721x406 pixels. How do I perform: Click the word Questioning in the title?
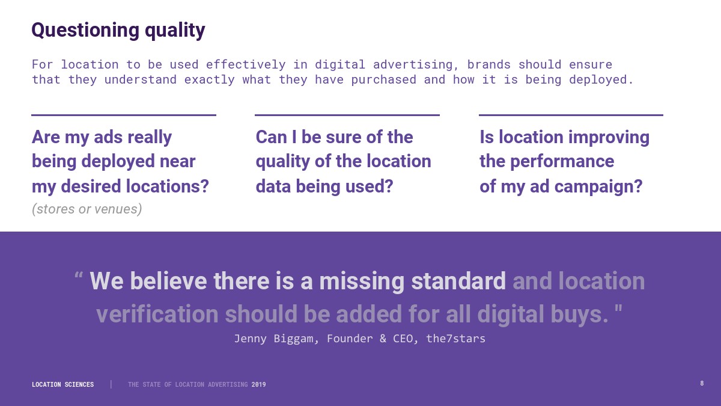85,31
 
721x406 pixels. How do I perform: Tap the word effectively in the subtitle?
246,65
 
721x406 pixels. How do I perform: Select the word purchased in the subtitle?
384,80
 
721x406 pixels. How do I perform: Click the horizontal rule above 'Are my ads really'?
124,115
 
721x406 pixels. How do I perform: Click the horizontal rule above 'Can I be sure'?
347,115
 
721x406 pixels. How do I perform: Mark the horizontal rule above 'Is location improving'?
571,115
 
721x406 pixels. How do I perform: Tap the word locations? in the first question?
167,186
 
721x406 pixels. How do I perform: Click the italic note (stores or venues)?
87,209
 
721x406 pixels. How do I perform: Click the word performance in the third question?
562,162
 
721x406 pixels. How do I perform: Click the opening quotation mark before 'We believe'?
79,275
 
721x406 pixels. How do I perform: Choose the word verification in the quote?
157,314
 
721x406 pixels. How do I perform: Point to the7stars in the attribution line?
455,339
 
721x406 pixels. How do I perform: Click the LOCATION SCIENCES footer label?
62,384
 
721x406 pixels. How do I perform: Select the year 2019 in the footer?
259,384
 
